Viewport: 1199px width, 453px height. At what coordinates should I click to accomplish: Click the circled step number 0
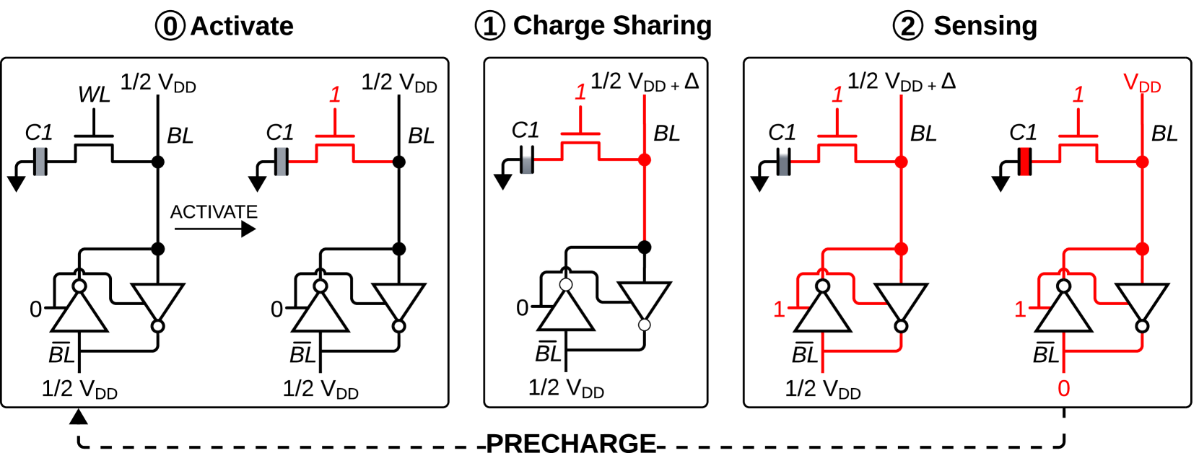170,26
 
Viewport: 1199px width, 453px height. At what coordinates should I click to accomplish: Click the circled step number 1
490,26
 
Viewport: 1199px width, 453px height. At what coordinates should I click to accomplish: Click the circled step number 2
907,26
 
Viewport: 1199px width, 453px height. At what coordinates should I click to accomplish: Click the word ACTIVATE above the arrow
214,212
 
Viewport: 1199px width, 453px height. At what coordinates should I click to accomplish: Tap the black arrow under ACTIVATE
215,229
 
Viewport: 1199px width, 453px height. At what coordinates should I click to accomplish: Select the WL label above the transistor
94,94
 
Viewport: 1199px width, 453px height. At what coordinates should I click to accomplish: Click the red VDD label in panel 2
1142,84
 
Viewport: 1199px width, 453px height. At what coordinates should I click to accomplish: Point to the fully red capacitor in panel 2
1024,162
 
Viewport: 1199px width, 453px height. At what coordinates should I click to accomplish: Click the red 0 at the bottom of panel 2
1063,389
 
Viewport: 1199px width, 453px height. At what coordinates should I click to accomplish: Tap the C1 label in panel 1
525,131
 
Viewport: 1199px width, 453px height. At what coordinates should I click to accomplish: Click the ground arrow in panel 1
503,180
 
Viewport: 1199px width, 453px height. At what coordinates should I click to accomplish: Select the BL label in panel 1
666,134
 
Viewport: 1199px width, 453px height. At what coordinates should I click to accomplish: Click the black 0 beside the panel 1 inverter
522,308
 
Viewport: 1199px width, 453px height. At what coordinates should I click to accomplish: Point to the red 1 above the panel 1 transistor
580,92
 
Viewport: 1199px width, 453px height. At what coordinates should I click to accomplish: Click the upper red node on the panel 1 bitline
645,160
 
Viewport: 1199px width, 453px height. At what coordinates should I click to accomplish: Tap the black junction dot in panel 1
645,247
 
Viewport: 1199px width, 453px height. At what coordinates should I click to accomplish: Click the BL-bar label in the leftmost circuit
61,354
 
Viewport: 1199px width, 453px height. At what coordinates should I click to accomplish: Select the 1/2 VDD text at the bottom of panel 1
566,389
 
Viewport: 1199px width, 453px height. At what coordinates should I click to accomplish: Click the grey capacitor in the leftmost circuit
40,162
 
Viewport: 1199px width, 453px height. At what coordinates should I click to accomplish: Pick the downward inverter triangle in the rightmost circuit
1141,302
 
